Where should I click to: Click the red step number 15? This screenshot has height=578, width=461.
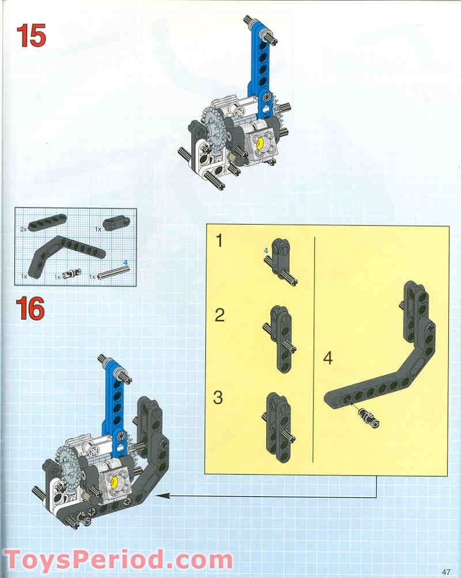click(x=31, y=36)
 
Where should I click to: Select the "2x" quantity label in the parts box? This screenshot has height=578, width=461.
click(x=24, y=229)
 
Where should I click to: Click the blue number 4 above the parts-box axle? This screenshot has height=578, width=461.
click(x=126, y=263)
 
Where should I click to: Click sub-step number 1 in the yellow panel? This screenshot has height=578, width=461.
click(x=219, y=241)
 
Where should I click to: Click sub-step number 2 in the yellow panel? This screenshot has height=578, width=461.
click(x=219, y=315)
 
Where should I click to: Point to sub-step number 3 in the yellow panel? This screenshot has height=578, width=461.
click(x=218, y=397)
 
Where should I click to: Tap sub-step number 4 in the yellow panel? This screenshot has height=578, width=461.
click(x=327, y=358)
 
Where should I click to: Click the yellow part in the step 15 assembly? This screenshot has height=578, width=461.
click(x=260, y=142)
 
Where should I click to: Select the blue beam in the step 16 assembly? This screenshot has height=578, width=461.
click(x=114, y=403)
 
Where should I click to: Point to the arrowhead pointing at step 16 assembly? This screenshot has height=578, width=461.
click(x=159, y=496)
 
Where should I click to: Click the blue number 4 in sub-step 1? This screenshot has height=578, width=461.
click(x=266, y=251)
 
